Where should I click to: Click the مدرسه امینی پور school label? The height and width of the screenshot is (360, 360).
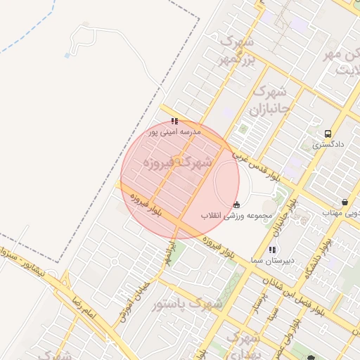coord(174,131)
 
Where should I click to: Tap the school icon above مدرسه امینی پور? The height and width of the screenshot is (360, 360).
coord(174,121)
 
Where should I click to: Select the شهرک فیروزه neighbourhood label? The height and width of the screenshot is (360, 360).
coord(177,162)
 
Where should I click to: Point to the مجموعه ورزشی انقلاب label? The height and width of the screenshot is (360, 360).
coord(234,215)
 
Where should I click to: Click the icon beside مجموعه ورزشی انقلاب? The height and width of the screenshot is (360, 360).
coord(236,205)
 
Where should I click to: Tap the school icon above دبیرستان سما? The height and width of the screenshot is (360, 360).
coord(272,250)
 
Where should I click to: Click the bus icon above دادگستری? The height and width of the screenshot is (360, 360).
coord(328,134)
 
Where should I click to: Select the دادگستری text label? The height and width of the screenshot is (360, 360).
coord(328,144)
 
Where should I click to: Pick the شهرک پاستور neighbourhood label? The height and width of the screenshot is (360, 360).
coord(196,304)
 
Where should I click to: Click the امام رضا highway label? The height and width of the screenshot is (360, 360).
coord(82,308)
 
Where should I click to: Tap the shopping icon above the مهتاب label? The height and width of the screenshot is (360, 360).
coord(344,201)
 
